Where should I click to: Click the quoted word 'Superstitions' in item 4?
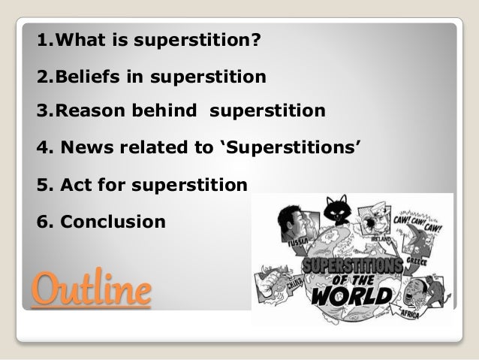tap(294, 148)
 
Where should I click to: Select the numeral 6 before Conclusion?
tap(41, 222)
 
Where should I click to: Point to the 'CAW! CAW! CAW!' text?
tap(420, 225)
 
